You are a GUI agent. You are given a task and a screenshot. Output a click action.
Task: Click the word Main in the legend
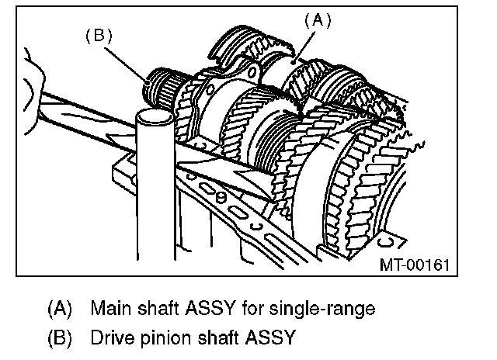[108, 308]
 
